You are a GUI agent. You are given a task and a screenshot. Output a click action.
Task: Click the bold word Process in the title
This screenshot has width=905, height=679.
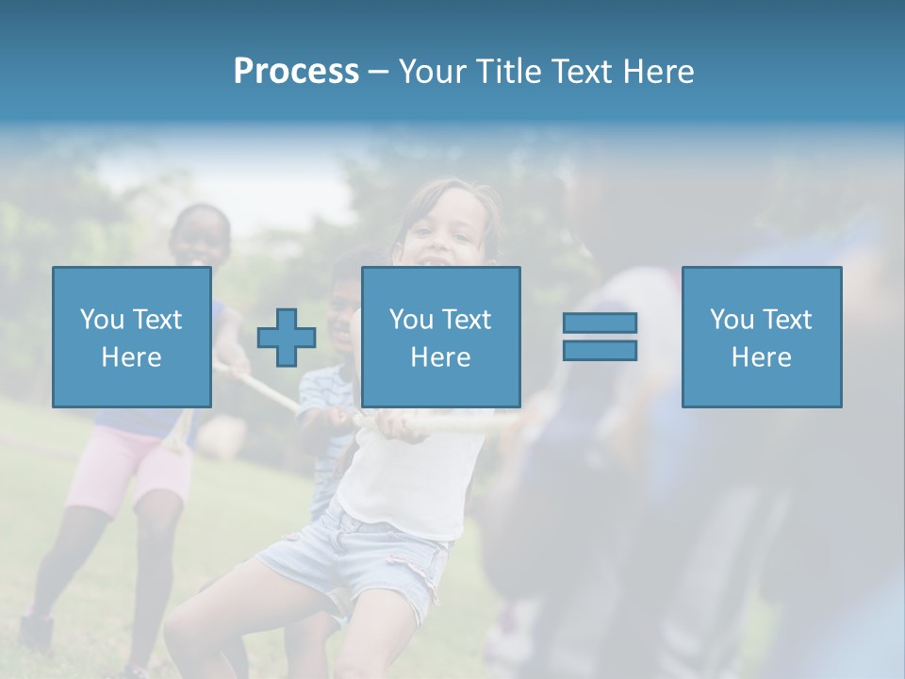click(296, 72)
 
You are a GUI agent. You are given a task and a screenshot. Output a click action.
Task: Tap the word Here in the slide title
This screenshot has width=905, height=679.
click(658, 72)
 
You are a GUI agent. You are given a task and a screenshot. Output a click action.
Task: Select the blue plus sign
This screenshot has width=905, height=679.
click(287, 338)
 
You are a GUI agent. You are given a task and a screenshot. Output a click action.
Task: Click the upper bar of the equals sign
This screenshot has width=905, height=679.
click(600, 323)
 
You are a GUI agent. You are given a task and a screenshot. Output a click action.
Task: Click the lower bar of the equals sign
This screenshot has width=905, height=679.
click(600, 351)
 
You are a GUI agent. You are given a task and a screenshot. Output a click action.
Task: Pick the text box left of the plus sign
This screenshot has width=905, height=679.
click(132, 337)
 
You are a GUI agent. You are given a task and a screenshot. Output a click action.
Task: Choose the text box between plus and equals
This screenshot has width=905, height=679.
click(440, 337)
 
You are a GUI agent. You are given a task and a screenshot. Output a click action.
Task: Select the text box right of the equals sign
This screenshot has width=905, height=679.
click(761, 337)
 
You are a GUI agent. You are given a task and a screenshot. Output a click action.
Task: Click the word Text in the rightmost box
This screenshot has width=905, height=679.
click(785, 320)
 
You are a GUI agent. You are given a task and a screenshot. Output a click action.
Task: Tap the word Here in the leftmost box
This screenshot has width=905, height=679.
click(131, 357)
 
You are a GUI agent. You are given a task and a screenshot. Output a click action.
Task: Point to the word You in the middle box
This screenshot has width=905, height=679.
click(411, 320)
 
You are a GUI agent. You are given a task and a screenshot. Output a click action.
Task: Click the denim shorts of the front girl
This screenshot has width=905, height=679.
click(358, 556)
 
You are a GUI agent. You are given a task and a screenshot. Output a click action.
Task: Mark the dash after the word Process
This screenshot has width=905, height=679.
click(378, 72)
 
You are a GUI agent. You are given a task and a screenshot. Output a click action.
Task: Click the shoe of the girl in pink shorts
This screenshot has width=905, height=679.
click(36, 630)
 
